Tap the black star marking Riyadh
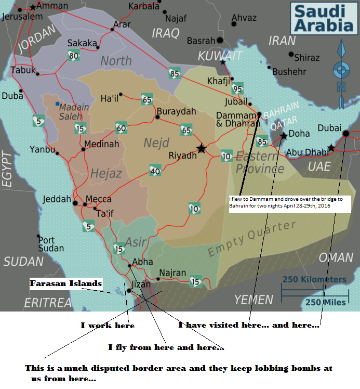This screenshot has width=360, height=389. pos(202,149)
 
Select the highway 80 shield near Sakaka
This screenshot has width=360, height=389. pos(73,56)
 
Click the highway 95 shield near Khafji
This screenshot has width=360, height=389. pos(237,88)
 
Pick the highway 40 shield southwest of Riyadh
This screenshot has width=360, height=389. pos(155,170)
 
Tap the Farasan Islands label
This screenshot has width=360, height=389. pos(65,284)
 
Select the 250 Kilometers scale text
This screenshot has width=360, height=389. pos(314,280)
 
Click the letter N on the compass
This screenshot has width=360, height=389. pos(341,87)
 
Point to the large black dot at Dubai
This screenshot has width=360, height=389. pos(346,134)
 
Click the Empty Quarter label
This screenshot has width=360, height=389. pos(252,240)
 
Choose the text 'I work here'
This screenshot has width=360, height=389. pos(107,326)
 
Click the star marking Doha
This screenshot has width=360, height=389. pos(284,136)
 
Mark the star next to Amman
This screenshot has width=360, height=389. pos(34,7)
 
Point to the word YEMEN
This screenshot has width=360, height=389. pos(254,300)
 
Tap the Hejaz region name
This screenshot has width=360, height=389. pos(106,173)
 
